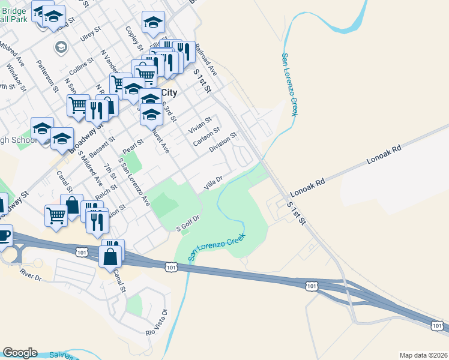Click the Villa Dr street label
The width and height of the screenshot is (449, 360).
[213, 182]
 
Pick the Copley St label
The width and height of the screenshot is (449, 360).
[133, 38]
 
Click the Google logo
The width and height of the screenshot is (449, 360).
[20, 353]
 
